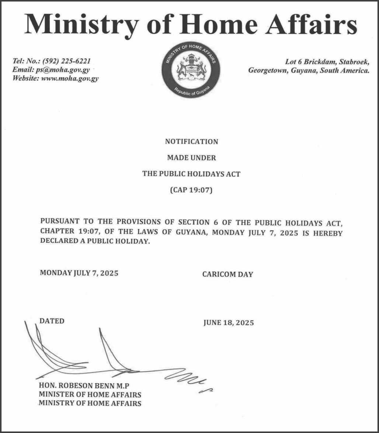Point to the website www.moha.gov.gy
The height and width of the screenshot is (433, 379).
[x=69, y=78]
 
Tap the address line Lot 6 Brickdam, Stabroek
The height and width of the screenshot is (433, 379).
[x=327, y=62]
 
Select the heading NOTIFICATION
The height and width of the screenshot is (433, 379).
[x=191, y=142]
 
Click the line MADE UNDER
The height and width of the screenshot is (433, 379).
[x=191, y=158]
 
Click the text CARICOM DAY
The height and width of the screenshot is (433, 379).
[x=227, y=274]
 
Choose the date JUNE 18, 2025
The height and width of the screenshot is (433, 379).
[x=228, y=323]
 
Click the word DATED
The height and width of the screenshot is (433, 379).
[x=52, y=321]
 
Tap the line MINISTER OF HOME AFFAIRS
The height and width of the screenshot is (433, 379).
[x=90, y=395]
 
